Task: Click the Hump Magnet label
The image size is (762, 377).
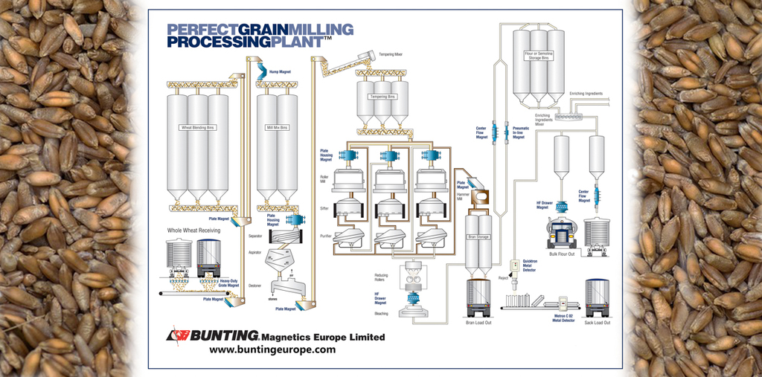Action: [279, 72]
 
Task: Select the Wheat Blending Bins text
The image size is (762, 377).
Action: [197, 127]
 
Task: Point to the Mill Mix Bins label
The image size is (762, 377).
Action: [277, 127]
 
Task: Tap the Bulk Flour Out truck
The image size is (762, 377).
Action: [562, 233]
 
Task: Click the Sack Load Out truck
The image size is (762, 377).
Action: [597, 298]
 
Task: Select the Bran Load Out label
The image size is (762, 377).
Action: [479, 323]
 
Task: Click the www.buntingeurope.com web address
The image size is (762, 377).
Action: [272, 349]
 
